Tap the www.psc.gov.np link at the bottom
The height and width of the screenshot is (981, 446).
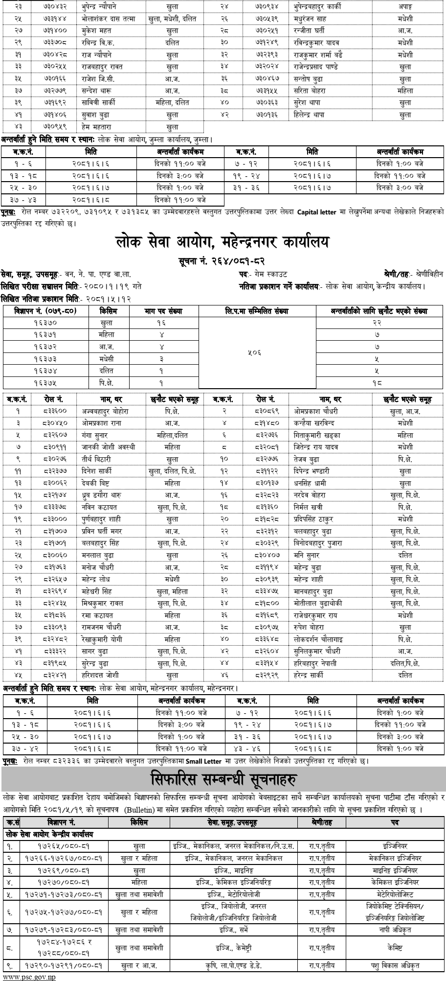click(23, 976)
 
